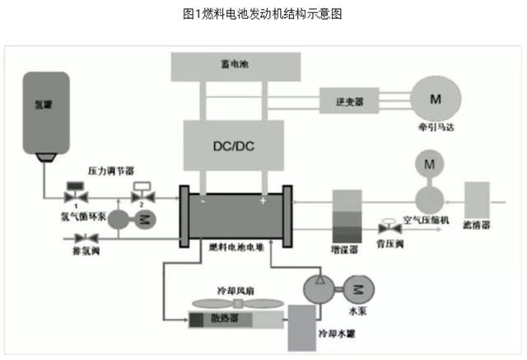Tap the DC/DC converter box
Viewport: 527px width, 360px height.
click(234, 146)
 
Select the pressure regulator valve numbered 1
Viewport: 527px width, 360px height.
click(73, 196)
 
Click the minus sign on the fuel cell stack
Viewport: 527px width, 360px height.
click(203, 199)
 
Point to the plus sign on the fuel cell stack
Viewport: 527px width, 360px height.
click(263, 200)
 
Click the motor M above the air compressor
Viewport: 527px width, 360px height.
click(429, 164)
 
